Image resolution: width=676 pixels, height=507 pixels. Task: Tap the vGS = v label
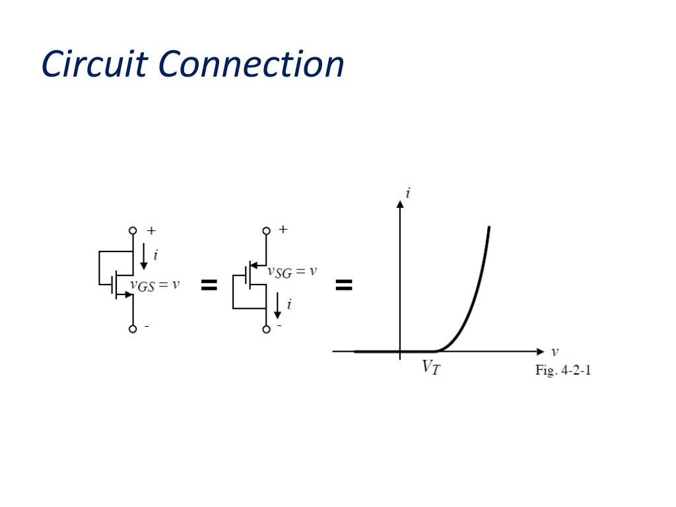pyautogui.click(x=154, y=285)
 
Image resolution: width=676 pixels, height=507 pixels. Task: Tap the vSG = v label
pyautogui.click(x=292, y=271)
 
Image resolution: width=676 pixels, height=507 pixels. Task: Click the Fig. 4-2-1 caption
pyautogui.click(x=562, y=370)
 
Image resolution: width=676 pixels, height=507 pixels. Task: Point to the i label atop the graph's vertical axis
pyautogui.click(x=409, y=193)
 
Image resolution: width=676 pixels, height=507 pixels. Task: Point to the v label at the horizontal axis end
pyautogui.click(x=555, y=351)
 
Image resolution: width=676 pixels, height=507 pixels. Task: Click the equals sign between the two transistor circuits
pyautogui.click(x=209, y=285)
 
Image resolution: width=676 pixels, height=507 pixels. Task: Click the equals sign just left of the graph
pyautogui.click(x=344, y=285)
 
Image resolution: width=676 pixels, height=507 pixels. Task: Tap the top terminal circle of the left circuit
pyautogui.click(x=133, y=230)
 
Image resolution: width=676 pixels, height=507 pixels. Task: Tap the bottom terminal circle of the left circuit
pyautogui.click(x=133, y=329)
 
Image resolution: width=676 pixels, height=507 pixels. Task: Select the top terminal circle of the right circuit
pyautogui.click(x=266, y=230)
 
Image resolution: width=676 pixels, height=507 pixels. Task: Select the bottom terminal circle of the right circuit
pyautogui.click(x=266, y=329)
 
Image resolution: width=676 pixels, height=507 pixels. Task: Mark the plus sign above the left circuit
pyautogui.click(x=151, y=230)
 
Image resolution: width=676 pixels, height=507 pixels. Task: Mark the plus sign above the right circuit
pyautogui.click(x=283, y=230)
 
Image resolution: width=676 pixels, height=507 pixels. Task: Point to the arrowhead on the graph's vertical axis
pyautogui.click(x=399, y=204)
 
